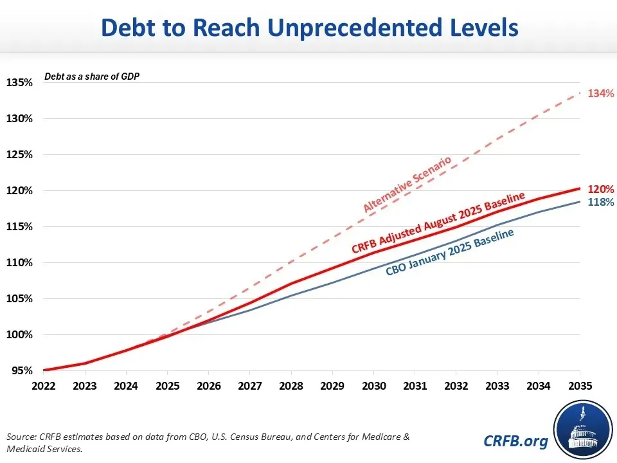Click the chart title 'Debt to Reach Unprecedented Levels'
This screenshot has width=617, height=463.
click(309, 28)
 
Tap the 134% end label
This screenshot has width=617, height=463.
click(602, 93)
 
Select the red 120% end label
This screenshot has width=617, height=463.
click(602, 190)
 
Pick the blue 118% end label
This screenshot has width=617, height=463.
click(602, 202)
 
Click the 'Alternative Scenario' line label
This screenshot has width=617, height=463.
click(407, 184)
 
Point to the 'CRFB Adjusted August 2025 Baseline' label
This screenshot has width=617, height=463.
click(438, 222)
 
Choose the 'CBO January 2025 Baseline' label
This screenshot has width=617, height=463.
click(450, 252)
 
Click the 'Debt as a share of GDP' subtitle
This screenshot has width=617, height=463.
click(92, 77)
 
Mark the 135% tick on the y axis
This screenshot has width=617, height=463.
click(19, 83)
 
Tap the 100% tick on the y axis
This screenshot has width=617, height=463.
click(19, 335)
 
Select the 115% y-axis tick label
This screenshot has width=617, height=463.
click(19, 227)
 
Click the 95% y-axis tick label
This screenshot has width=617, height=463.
click(22, 371)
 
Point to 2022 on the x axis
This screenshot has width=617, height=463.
click(44, 386)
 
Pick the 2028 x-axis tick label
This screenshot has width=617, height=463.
click(291, 386)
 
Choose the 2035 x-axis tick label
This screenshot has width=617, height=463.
click(580, 386)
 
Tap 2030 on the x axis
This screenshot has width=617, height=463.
click(373, 386)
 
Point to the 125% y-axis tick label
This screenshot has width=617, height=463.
click(19, 155)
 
